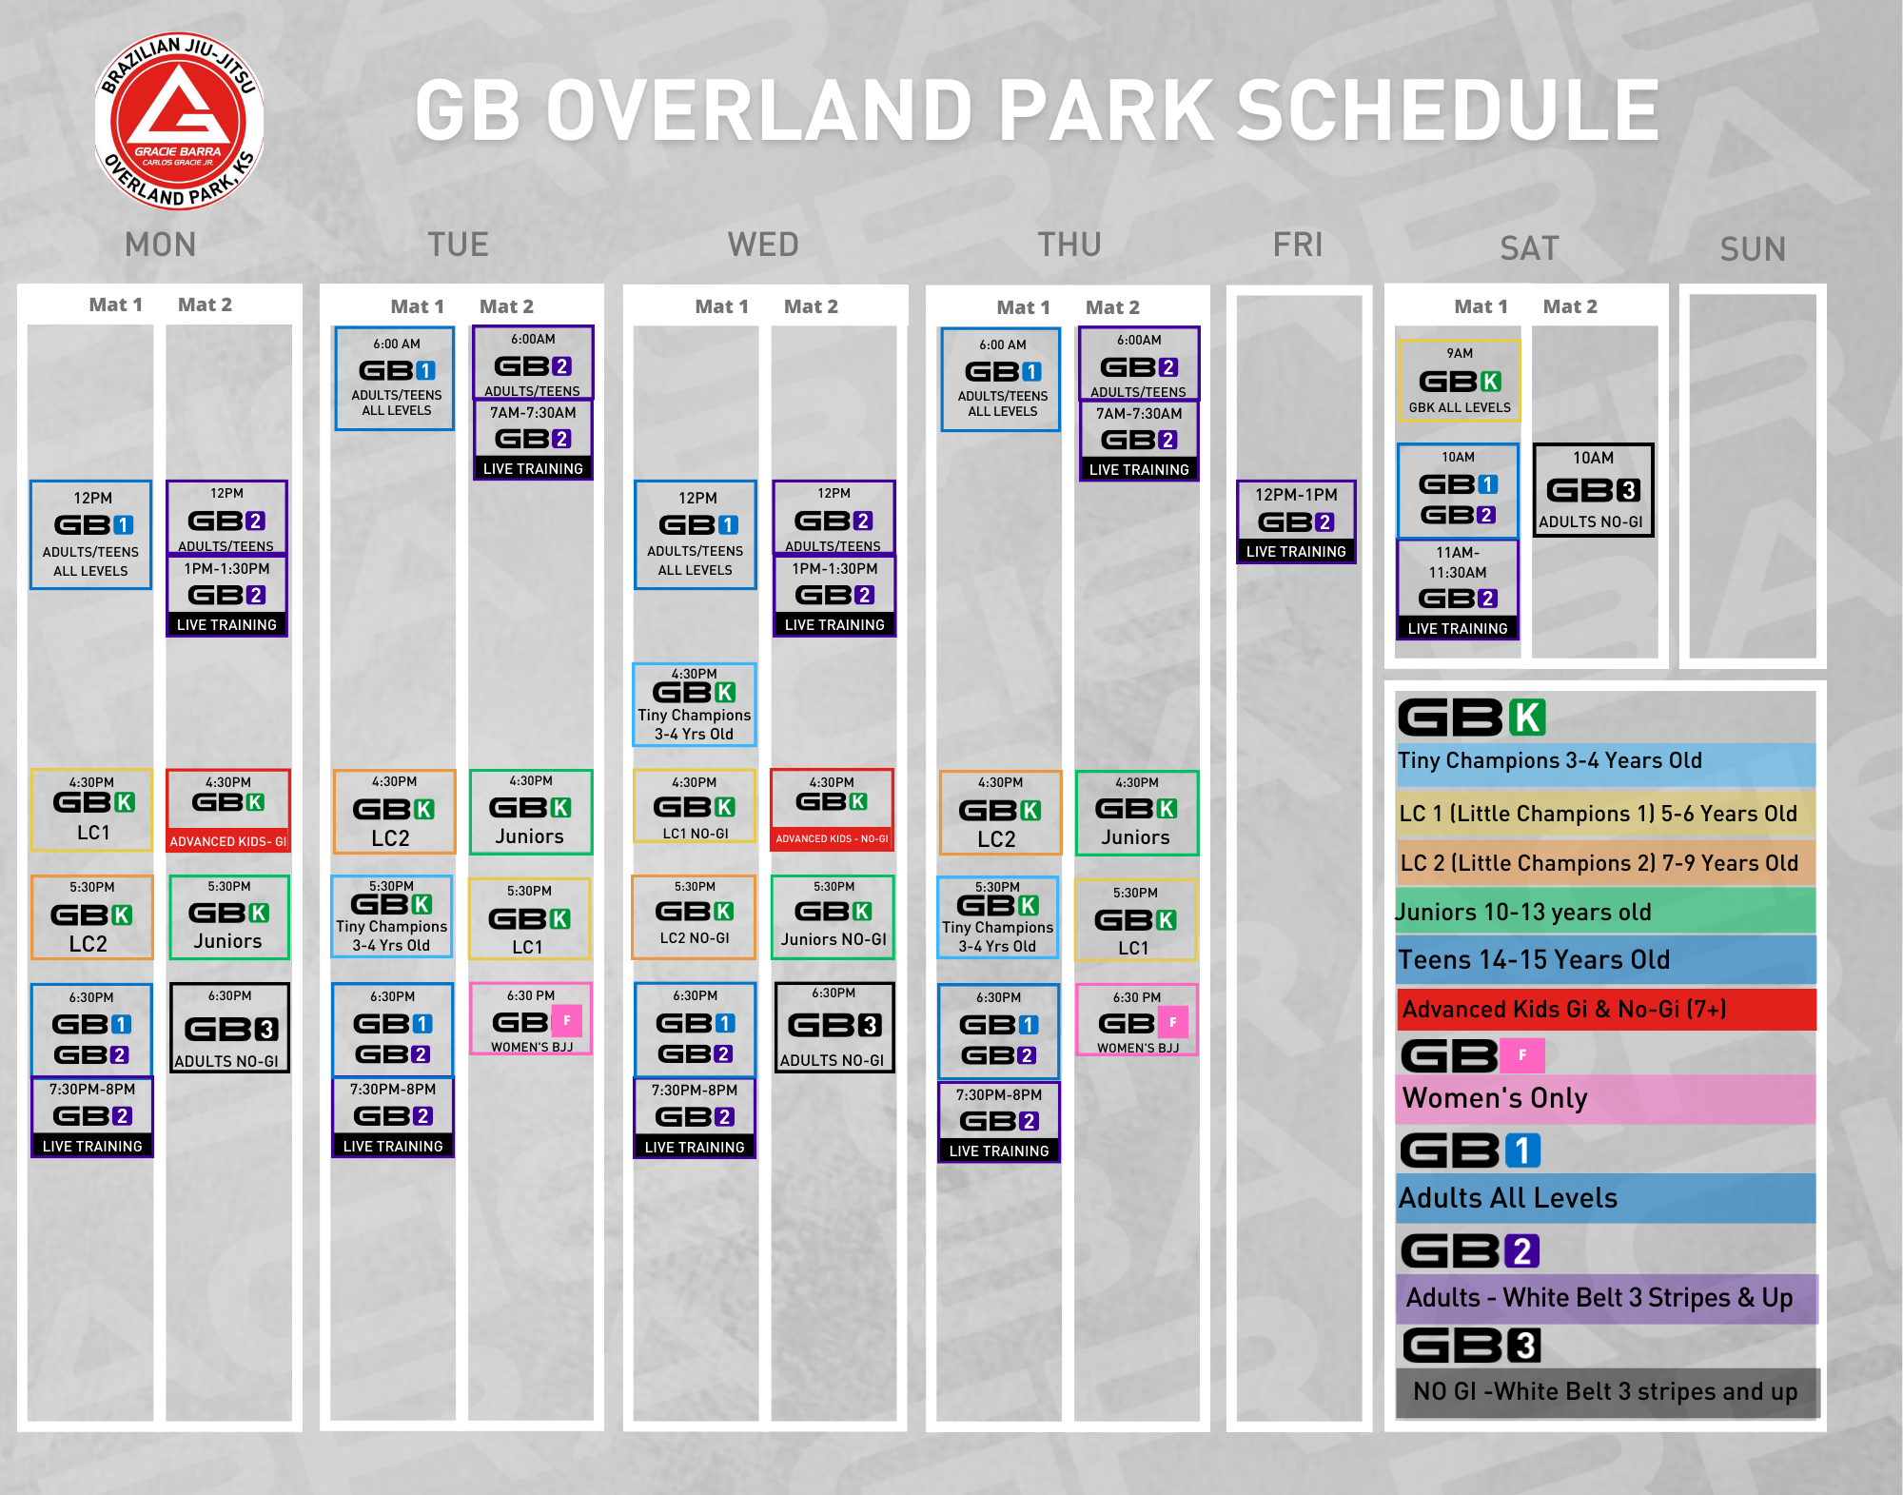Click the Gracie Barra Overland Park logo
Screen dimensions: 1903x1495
[179, 122]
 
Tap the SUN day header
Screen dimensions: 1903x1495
[1753, 249]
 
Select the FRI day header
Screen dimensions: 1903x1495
[1298, 246]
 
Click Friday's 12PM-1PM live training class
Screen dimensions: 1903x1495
[1296, 521]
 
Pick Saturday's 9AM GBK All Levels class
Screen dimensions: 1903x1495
[1459, 381]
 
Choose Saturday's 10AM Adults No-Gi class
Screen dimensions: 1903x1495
[1593, 490]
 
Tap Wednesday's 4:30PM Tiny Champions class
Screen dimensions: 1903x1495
[695, 704]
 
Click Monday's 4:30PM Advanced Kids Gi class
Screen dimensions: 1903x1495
[228, 811]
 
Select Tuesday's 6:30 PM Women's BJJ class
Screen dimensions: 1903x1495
[531, 1018]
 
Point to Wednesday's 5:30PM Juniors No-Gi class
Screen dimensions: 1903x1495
[834, 916]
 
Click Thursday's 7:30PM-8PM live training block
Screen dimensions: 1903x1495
[998, 1122]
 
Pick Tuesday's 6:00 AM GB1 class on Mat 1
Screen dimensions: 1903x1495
[396, 378]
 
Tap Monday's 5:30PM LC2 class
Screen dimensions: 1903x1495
[91, 917]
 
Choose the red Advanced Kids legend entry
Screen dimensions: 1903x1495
[1606, 1010]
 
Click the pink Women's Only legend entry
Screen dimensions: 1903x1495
[1606, 1099]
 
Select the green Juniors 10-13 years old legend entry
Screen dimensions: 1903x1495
[1606, 912]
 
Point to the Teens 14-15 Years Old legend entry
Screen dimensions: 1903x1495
[1606, 959]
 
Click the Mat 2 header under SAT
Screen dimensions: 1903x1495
[1570, 306]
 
